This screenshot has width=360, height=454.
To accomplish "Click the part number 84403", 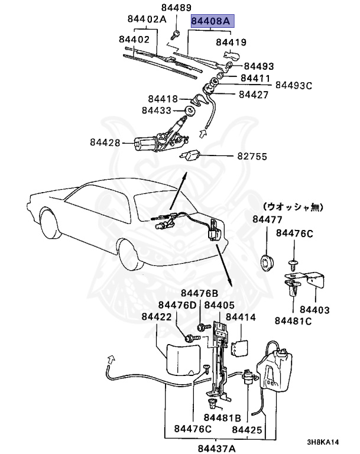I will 314,309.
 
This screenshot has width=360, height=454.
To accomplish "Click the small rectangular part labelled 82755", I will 190,155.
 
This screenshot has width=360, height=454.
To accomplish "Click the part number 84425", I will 247,430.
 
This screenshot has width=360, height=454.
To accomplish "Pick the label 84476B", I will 199,293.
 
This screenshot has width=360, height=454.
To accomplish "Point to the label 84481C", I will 293,321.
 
